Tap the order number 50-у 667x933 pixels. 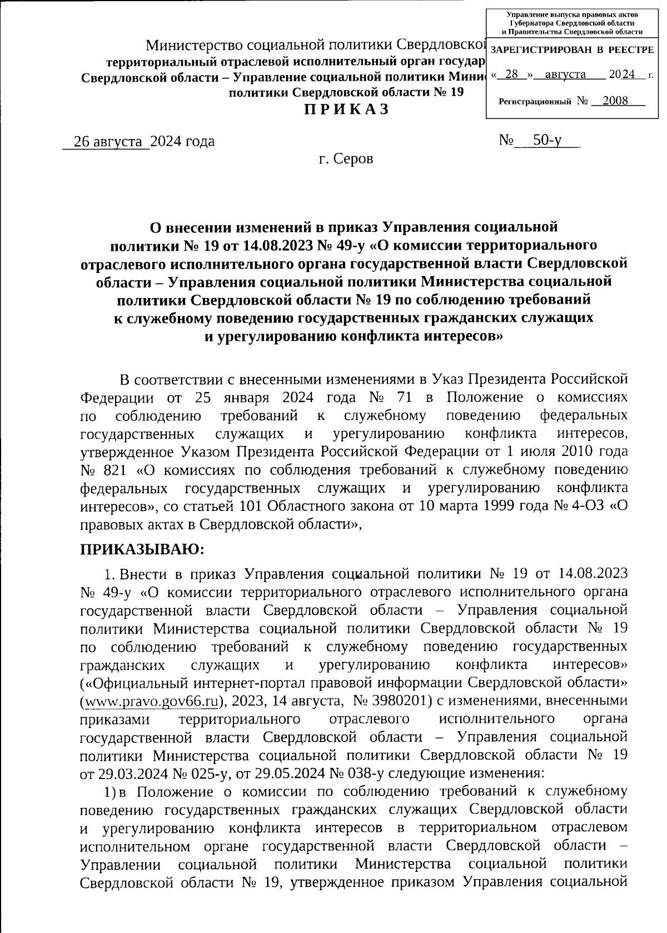pyautogui.click(x=547, y=141)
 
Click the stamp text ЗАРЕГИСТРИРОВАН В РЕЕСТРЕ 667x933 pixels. pyautogui.click(x=573, y=50)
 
